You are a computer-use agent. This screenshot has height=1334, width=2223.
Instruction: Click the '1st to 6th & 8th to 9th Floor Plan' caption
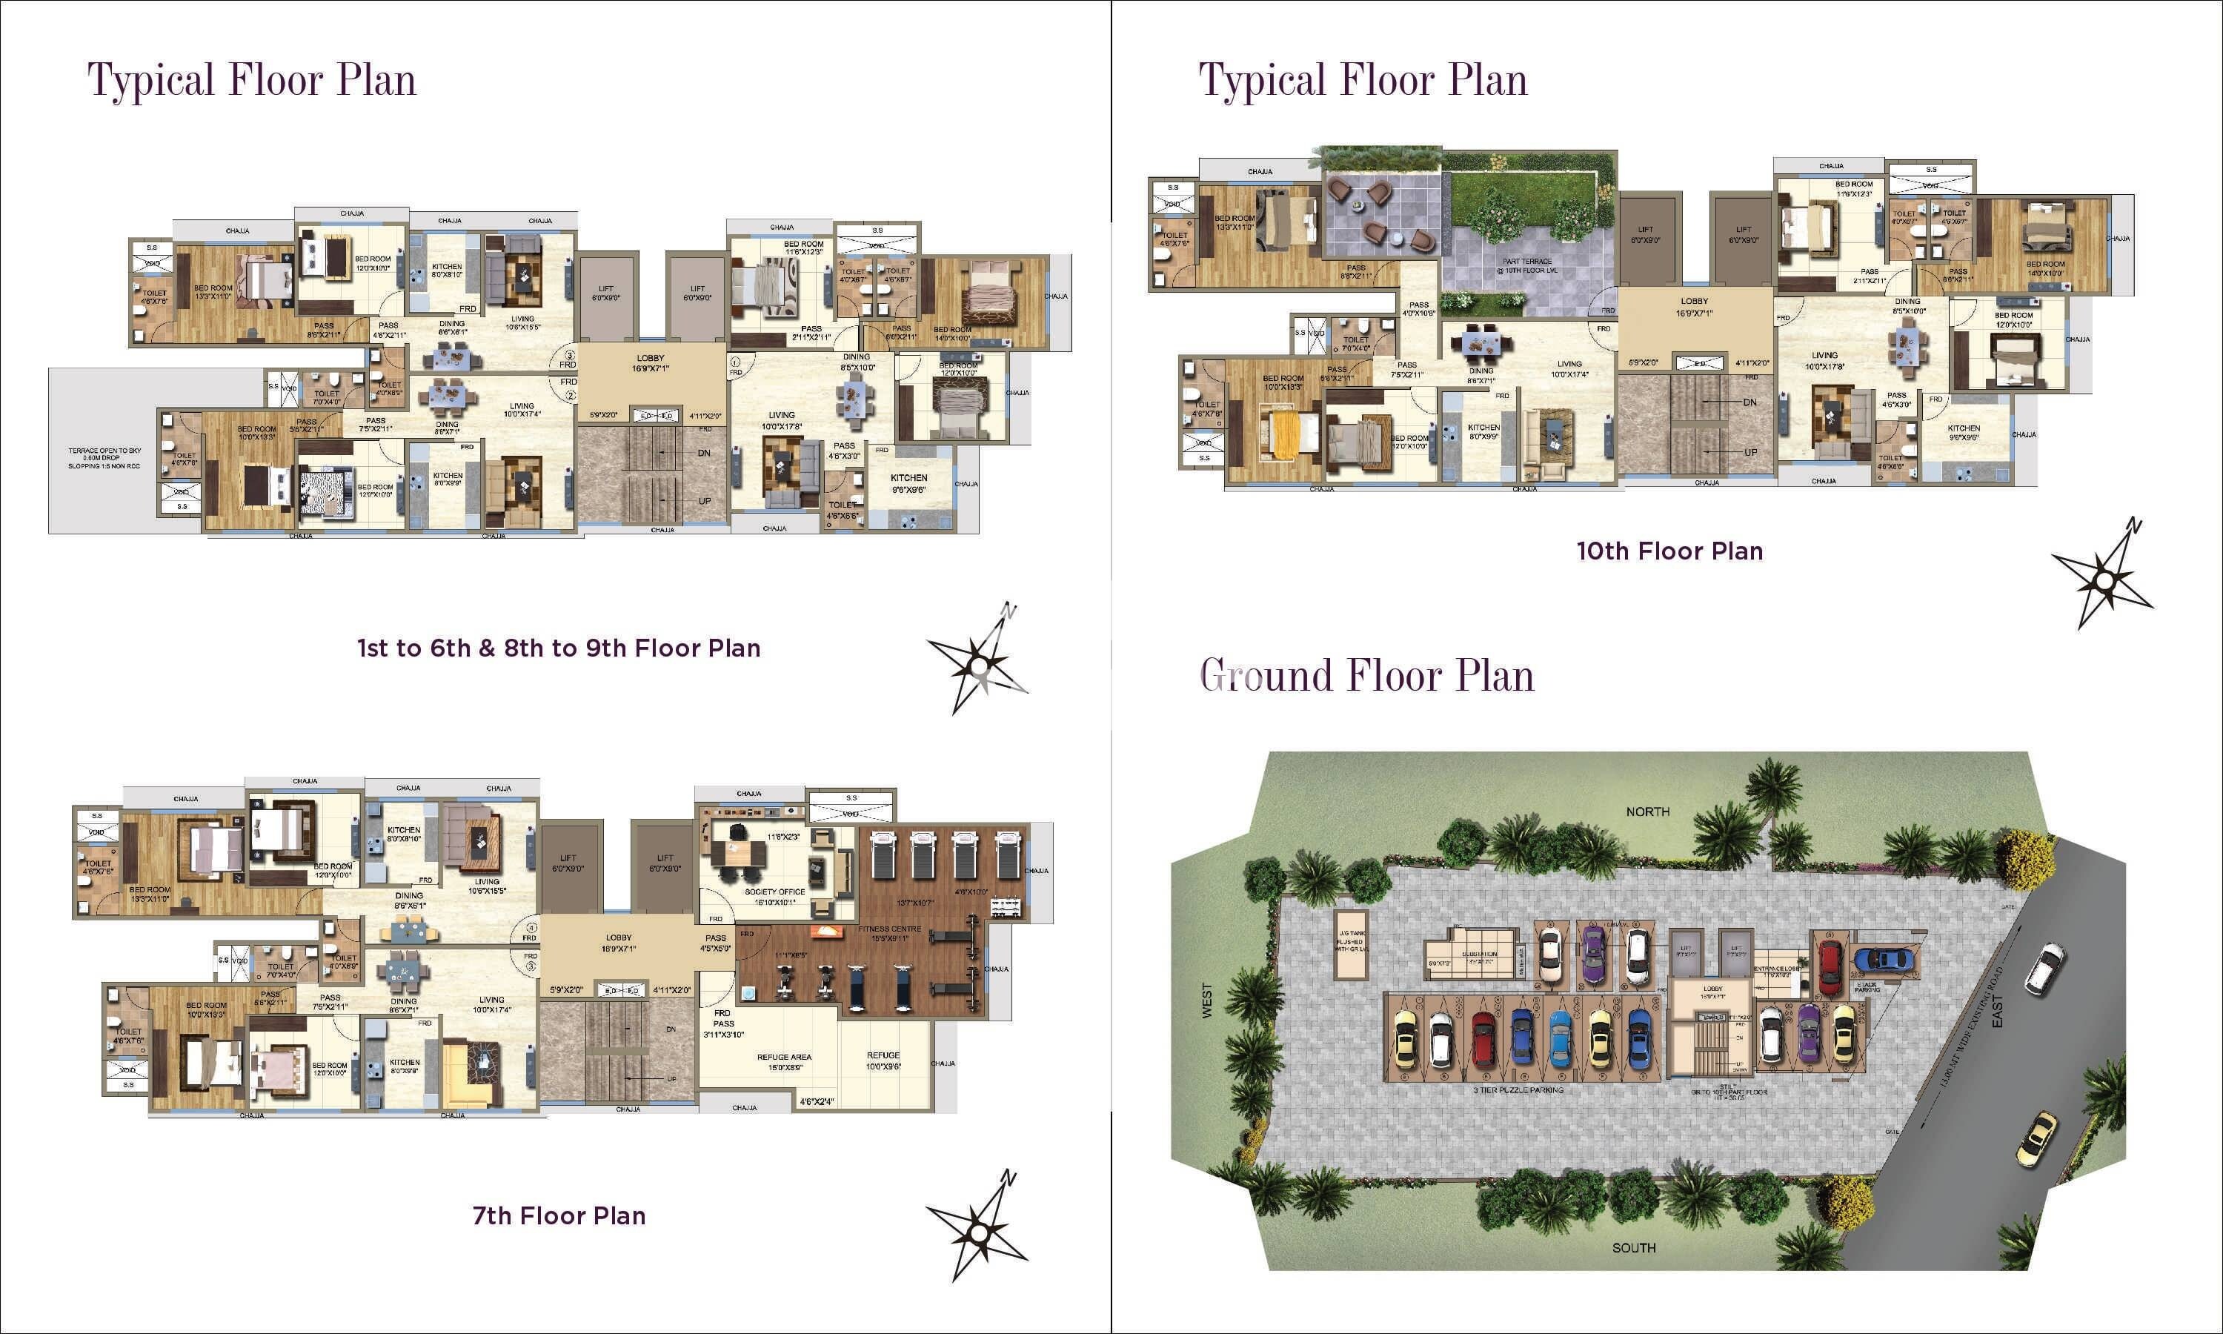click(559, 648)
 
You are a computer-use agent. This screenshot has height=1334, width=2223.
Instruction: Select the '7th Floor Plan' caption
click(559, 1215)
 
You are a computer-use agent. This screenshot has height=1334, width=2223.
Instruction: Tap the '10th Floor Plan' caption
click(1669, 551)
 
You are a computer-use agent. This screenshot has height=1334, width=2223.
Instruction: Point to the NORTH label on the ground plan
click(1648, 812)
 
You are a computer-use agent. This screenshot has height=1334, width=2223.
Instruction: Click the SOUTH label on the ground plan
click(1634, 1248)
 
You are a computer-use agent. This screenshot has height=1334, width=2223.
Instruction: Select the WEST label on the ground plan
click(1208, 1000)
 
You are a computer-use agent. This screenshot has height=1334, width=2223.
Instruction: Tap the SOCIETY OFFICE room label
click(774, 896)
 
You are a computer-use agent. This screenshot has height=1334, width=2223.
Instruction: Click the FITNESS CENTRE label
click(889, 932)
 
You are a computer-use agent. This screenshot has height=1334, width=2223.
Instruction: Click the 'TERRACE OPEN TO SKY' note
click(105, 457)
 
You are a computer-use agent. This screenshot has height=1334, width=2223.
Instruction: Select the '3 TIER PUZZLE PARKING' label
click(1518, 1090)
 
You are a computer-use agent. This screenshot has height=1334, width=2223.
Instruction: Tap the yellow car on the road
click(2036, 1139)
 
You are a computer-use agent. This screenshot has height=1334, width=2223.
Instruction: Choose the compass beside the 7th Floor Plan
click(977, 1226)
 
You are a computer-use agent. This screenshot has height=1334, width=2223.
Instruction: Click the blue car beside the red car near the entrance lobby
click(1884, 960)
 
